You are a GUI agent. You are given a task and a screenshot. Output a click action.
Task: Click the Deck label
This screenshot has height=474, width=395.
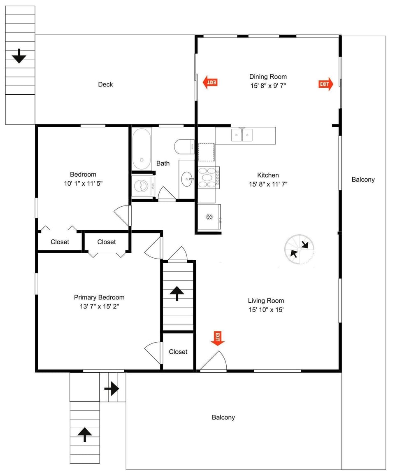coord(105,84)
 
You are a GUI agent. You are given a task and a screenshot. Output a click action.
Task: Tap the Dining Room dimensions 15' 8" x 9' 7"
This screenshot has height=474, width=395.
coord(268,86)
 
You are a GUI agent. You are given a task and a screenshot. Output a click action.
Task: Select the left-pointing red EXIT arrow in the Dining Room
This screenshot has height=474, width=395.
coord(210,82)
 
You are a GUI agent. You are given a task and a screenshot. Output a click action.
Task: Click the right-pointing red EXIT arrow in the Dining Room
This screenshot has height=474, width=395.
coord(326,84)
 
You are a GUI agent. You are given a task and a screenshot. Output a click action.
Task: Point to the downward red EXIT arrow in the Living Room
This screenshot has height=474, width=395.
coord(217,338)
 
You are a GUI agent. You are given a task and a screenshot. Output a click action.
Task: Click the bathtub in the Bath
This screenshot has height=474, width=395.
coord(142,149)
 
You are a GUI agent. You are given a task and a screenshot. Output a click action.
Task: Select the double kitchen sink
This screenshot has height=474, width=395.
coord(242,135)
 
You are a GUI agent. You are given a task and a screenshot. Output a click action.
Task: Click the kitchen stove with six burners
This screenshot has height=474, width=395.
coord(209,177)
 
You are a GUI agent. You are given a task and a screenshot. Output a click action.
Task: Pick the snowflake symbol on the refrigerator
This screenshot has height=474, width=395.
coord(209,217)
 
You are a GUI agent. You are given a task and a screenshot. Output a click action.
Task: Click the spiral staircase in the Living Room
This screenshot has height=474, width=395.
coord(299,250)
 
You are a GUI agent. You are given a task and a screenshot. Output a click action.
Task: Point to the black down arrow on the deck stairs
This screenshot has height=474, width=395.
coord(19,56)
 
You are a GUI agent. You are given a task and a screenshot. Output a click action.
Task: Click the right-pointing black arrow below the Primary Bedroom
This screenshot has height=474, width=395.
coord(112,388)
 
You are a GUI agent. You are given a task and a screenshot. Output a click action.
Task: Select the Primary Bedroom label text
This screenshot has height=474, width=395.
coord(99,297)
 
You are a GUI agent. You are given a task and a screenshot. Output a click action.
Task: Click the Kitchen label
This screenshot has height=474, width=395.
coord(268,175)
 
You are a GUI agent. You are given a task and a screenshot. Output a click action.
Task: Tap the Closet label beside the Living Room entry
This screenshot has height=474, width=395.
coord(178,352)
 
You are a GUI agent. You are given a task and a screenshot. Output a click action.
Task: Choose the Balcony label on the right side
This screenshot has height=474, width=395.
coord(363,180)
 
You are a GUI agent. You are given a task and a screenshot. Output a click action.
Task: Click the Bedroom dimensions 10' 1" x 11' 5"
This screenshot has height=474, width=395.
coord(84,184)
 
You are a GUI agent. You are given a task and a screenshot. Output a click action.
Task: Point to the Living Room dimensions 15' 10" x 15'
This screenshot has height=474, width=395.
coord(266,310)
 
